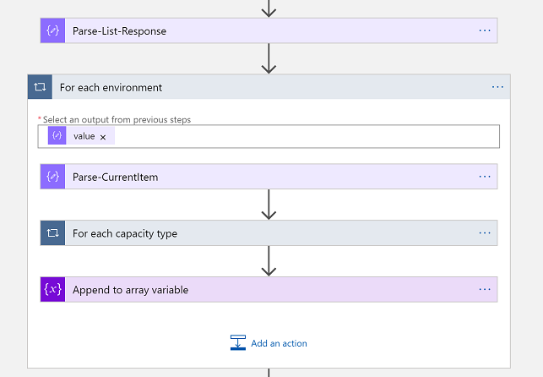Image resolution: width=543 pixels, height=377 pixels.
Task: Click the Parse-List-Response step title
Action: (x=119, y=31)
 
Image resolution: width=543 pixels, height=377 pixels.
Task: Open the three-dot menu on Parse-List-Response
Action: (x=485, y=30)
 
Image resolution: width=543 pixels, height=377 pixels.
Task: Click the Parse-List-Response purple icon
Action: (x=52, y=30)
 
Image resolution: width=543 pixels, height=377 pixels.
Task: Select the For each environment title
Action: (x=111, y=87)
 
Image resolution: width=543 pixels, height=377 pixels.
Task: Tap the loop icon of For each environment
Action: (x=40, y=87)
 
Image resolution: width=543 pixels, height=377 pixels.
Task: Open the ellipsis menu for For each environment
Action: (x=497, y=87)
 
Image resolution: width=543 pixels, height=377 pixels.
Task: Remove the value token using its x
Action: (x=103, y=137)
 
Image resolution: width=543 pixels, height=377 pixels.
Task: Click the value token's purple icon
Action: (x=57, y=136)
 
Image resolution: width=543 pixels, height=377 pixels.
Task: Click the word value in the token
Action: (x=84, y=136)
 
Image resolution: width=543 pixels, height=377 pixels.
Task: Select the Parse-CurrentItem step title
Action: (x=115, y=177)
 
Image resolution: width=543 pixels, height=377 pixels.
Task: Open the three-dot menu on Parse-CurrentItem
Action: (x=485, y=177)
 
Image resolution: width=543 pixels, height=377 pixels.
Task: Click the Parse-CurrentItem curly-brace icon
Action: (x=52, y=177)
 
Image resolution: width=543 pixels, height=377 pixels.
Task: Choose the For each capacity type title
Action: (x=125, y=233)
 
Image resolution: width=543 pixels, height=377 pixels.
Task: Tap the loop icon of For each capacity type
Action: (x=52, y=233)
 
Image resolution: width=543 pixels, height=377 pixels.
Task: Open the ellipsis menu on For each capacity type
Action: (x=485, y=233)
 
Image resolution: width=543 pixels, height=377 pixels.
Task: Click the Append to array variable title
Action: (x=130, y=290)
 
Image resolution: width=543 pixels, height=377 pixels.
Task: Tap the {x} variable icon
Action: (x=52, y=290)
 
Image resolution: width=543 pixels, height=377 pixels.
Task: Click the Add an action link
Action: (x=279, y=343)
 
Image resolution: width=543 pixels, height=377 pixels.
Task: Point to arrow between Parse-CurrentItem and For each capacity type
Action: (x=269, y=205)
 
